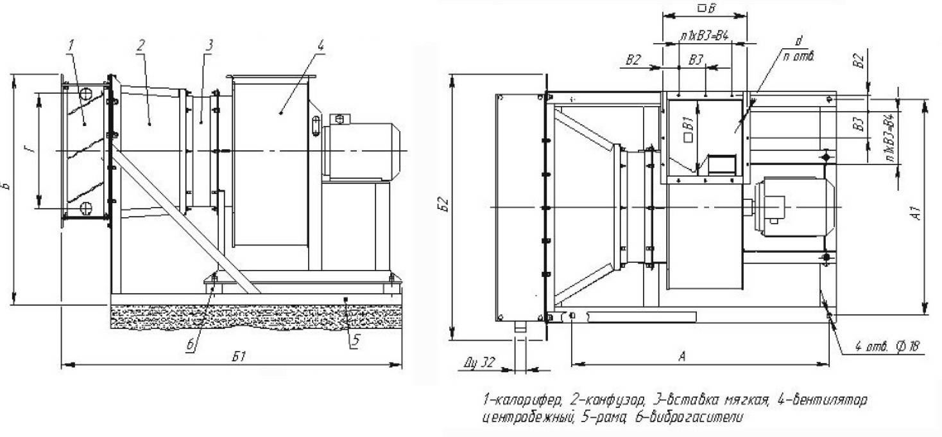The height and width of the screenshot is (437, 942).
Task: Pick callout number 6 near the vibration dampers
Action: point(191,344)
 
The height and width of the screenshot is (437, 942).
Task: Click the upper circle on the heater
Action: point(85,94)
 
